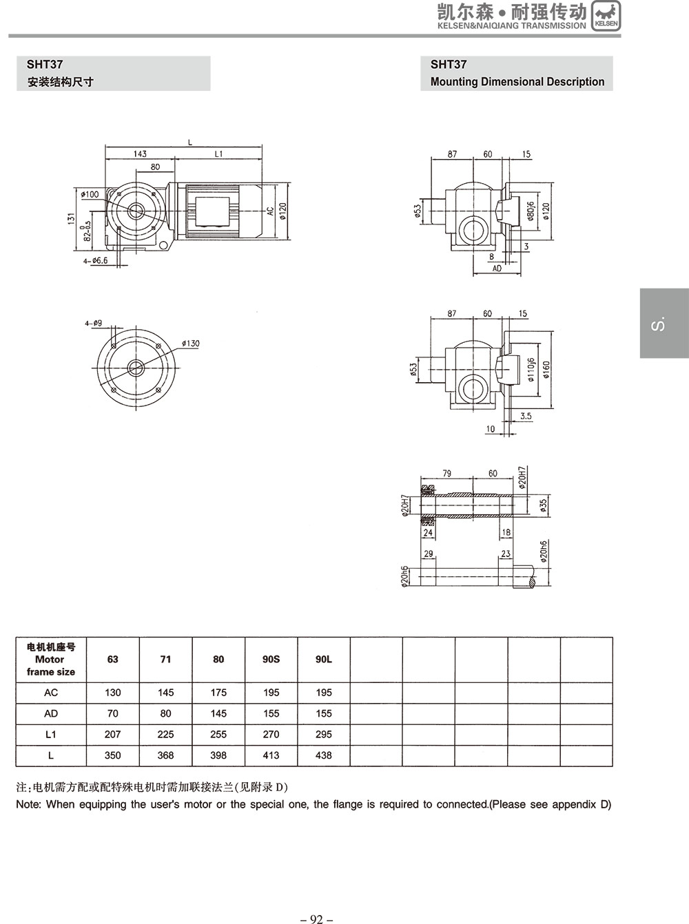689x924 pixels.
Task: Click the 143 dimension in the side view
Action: pyautogui.click(x=140, y=154)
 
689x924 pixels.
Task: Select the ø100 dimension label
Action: pyautogui.click(x=90, y=195)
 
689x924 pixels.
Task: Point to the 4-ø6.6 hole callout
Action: pyautogui.click(x=95, y=261)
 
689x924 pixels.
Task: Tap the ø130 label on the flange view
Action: pyautogui.click(x=191, y=344)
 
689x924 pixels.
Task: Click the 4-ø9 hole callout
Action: pyautogui.click(x=94, y=322)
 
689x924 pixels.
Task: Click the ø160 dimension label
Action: pyautogui.click(x=546, y=370)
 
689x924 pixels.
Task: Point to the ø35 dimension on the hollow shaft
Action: pyautogui.click(x=544, y=506)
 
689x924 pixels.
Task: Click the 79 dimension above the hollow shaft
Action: pyautogui.click(x=446, y=473)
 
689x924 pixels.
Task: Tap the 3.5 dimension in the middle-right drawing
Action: pyautogui.click(x=526, y=416)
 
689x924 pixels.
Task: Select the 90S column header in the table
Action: pyautogui.click(x=271, y=659)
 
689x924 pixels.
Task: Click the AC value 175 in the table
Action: pyautogui.click(x=218, y=693)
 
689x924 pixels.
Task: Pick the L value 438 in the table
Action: pyautogui.click(x=323, y=755)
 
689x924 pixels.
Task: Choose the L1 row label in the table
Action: pyautogui.click(x=51, y=735)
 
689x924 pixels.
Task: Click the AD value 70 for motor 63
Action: pyautogui.click(x=112, y=713)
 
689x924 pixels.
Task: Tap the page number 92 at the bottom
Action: pyautogui.click(x=317, y=918)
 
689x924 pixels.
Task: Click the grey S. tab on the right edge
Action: pyautogui.click(x=663, y=324)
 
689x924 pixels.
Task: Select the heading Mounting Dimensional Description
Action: pyautogui.click(x=517, y=82)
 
